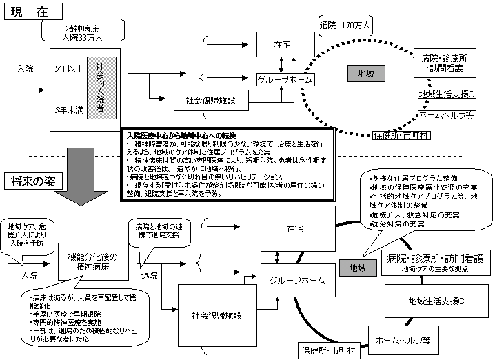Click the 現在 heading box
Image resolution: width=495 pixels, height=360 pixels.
[x=32, y=12]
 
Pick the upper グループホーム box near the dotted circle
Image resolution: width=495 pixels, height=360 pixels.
[x=284, y=80]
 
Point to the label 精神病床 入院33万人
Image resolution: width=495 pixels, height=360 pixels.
[x=84, y=32]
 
